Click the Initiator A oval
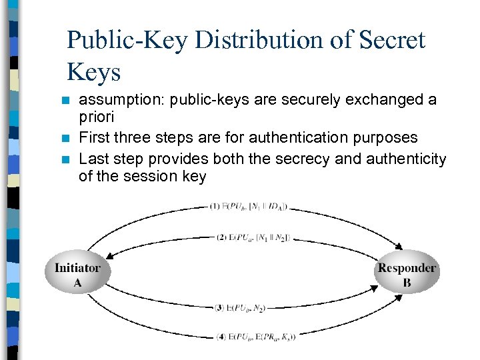(77, 275)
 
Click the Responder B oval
(407, 275)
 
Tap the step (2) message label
(253, 237)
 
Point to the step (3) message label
(241, 308)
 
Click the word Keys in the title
(93, 73)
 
